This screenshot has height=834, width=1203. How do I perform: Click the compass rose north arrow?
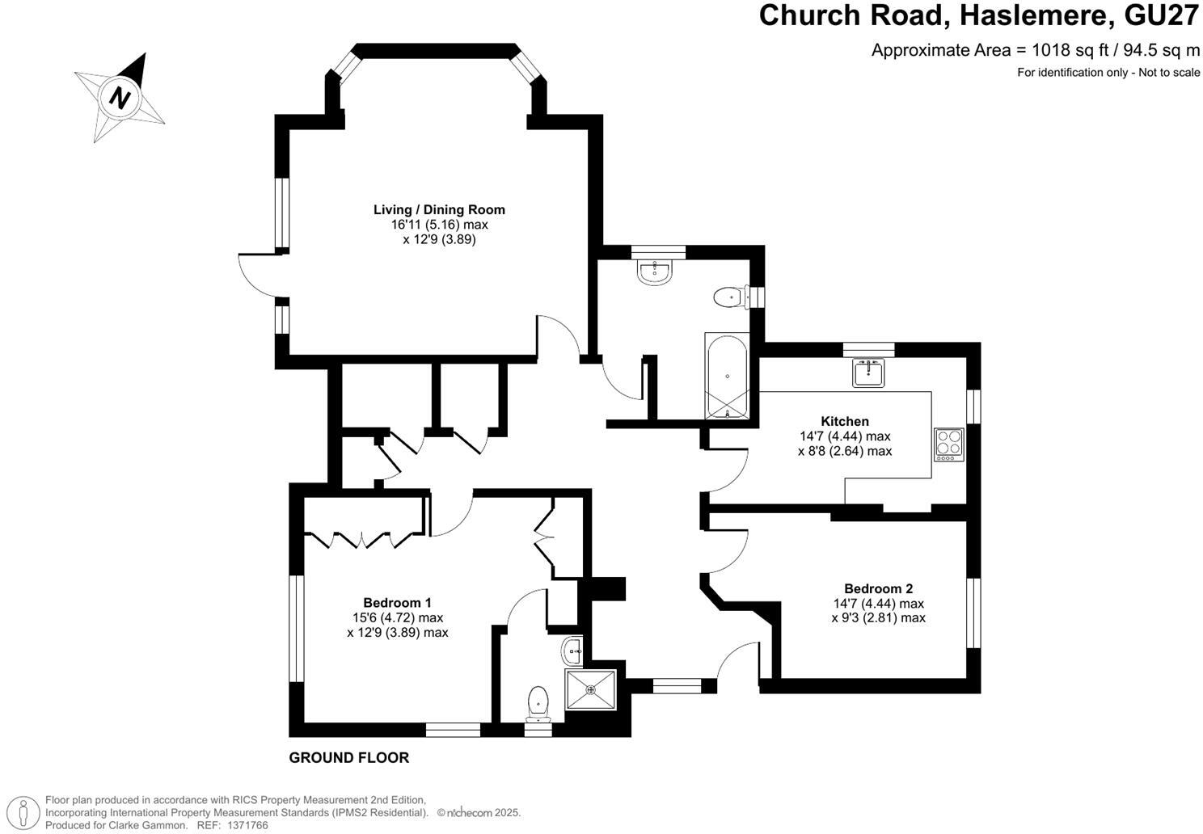tap(121, 97)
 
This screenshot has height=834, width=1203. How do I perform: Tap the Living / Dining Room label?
tap(439, 210)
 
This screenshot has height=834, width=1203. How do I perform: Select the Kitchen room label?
tap(845, 421)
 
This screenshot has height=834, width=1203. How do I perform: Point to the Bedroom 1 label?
tap(397, 603)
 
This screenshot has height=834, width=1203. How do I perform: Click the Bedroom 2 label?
tap(878, 589)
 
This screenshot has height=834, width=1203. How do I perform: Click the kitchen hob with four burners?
tap(949, 444)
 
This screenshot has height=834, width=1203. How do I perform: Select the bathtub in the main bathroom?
tap(728, 376)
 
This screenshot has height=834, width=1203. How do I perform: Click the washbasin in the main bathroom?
tap(655, 272)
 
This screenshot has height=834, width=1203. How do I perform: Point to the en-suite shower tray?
tap(591, 689)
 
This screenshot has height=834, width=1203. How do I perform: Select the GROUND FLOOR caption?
tap(349, 758)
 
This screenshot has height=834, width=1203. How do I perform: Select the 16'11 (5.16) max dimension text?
tap(439, 225)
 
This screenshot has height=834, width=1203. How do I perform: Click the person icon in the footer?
tap(27, 812)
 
